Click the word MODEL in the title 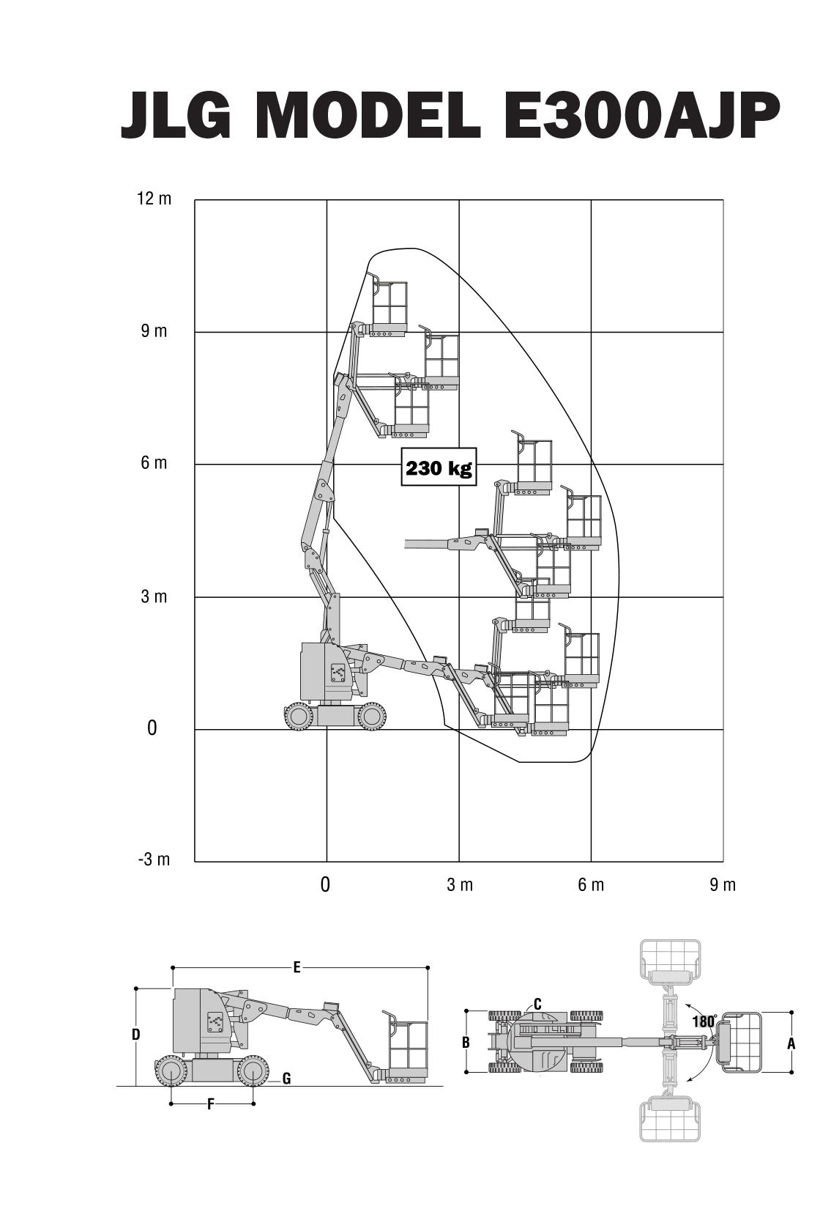pos(371,117)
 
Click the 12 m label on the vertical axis pos(154,199)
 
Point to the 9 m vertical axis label pos(154,331)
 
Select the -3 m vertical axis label pos(154,859)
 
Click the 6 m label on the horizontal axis pos(592,885)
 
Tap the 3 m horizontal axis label pos(460,885)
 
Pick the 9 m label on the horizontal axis pos(723,885)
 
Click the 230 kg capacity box pos(439,467)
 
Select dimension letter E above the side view pos(297,968)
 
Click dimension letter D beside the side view pos(135,1035)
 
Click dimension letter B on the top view pos(466,1041)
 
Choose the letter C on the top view pos(537,1004)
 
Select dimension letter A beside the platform pos(791,1043)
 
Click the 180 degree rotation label pos(703,1022)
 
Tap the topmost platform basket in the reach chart pos(389,306)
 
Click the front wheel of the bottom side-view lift pos(252,1071)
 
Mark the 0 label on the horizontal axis pos(325,885)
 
